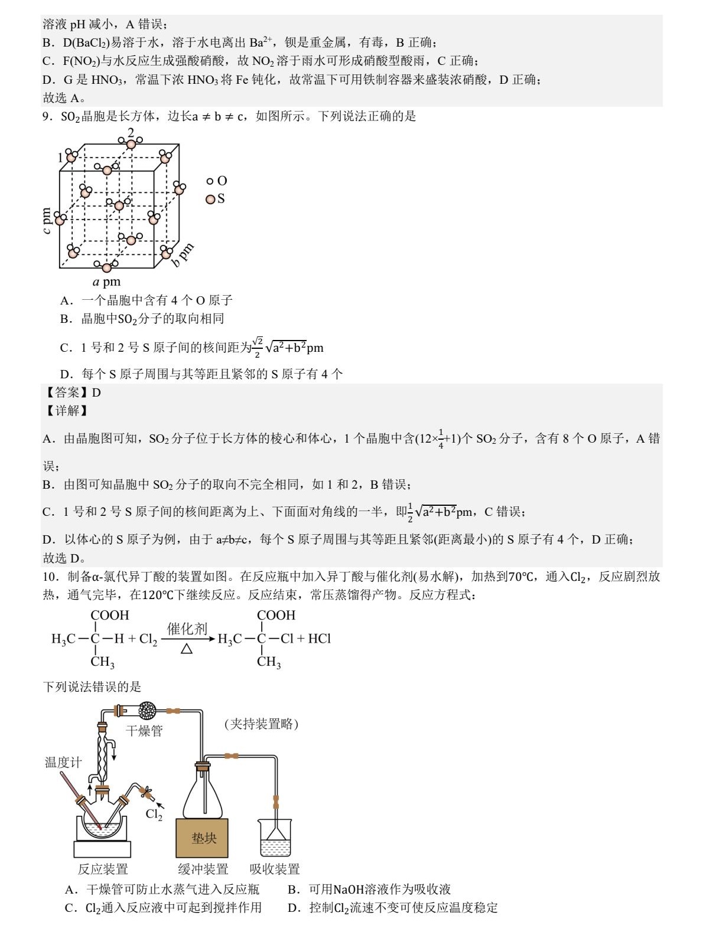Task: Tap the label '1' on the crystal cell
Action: [x=60, y=157]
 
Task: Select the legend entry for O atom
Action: [x=217, y=181]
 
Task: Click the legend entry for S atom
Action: [x=216, y=199]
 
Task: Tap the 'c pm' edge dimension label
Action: [x=47, y=221]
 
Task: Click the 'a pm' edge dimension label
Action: [x=107, y=282]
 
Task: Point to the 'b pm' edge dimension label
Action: [x=183, y=255]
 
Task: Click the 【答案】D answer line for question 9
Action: [x=72, y=392]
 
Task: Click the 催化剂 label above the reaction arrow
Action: [x=187, y=629]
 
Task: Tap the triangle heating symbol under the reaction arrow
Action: [x=187, y=649]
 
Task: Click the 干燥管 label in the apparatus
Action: [x=144, y=731]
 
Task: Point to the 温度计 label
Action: [x=63, y=763]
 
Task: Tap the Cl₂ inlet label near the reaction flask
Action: [x=154, y=815]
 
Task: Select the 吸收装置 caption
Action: [x=275, y=869]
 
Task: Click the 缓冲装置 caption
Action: [x=203, y=869]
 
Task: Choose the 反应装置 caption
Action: [x=103, y=869]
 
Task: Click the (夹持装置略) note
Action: [x=261, y=724]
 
